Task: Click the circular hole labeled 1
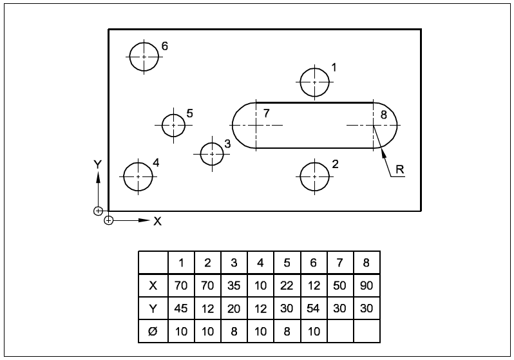pos(314,82)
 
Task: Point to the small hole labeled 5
pos(173,125)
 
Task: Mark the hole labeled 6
pos(144,57)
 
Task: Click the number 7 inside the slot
pos(266,113)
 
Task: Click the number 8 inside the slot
pos(384,115)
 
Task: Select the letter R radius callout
pos(399,170)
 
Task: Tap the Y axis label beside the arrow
pos(97,165)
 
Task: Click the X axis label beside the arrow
pos(157,221)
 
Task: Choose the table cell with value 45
pos(182,308)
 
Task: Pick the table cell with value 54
pos(313,308)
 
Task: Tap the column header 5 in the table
pos(287,263)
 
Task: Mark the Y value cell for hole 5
pos(287,308)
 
